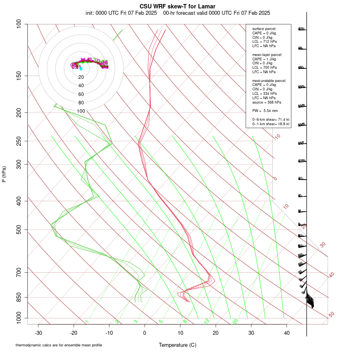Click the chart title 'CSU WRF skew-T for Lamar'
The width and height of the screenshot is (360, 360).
[178, 6]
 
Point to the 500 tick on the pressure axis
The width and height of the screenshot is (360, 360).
[18, 230]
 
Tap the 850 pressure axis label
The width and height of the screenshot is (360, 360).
[18, 297]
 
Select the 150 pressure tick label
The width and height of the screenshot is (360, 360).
[18, 76]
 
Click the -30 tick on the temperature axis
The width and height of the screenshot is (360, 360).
[38, 332]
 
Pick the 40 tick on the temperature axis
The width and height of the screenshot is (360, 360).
[286, 332]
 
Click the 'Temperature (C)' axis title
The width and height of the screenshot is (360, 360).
[178, 345]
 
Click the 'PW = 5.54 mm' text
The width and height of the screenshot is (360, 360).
[265, 110]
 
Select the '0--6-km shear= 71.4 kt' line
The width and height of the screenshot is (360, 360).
[271, 120]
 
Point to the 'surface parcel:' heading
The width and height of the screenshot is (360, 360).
[264, 29]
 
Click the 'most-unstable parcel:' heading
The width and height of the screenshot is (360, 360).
[269, 80]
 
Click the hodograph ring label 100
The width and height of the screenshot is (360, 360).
[81, 111]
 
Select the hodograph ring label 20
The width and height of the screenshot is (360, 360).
[81, 77]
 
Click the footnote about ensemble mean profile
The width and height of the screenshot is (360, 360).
[62, 345]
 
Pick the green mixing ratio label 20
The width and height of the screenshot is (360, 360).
[235, 321]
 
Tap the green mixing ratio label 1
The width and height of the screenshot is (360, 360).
[87, 321]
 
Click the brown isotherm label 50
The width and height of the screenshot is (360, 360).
[331, 315]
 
